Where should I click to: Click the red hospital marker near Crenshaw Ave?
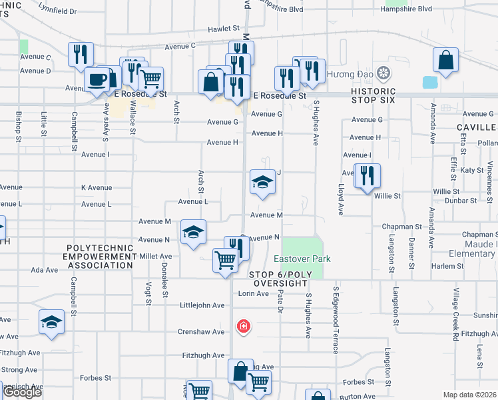point(244,326)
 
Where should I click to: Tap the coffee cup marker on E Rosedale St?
point(97,81)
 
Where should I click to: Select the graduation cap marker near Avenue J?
point(262,182)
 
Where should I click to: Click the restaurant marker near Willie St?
point(367,176)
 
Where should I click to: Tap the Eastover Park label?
point(302,259)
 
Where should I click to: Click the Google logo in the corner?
point(22,391)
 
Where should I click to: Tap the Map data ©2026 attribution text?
point(470,395)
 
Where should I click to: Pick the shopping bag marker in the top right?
point(445,61)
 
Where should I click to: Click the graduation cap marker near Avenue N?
point(194,233)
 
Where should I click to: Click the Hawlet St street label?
point(223,29)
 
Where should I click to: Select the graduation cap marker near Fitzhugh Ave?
point(51,323)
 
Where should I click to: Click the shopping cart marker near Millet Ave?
point(225,260)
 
